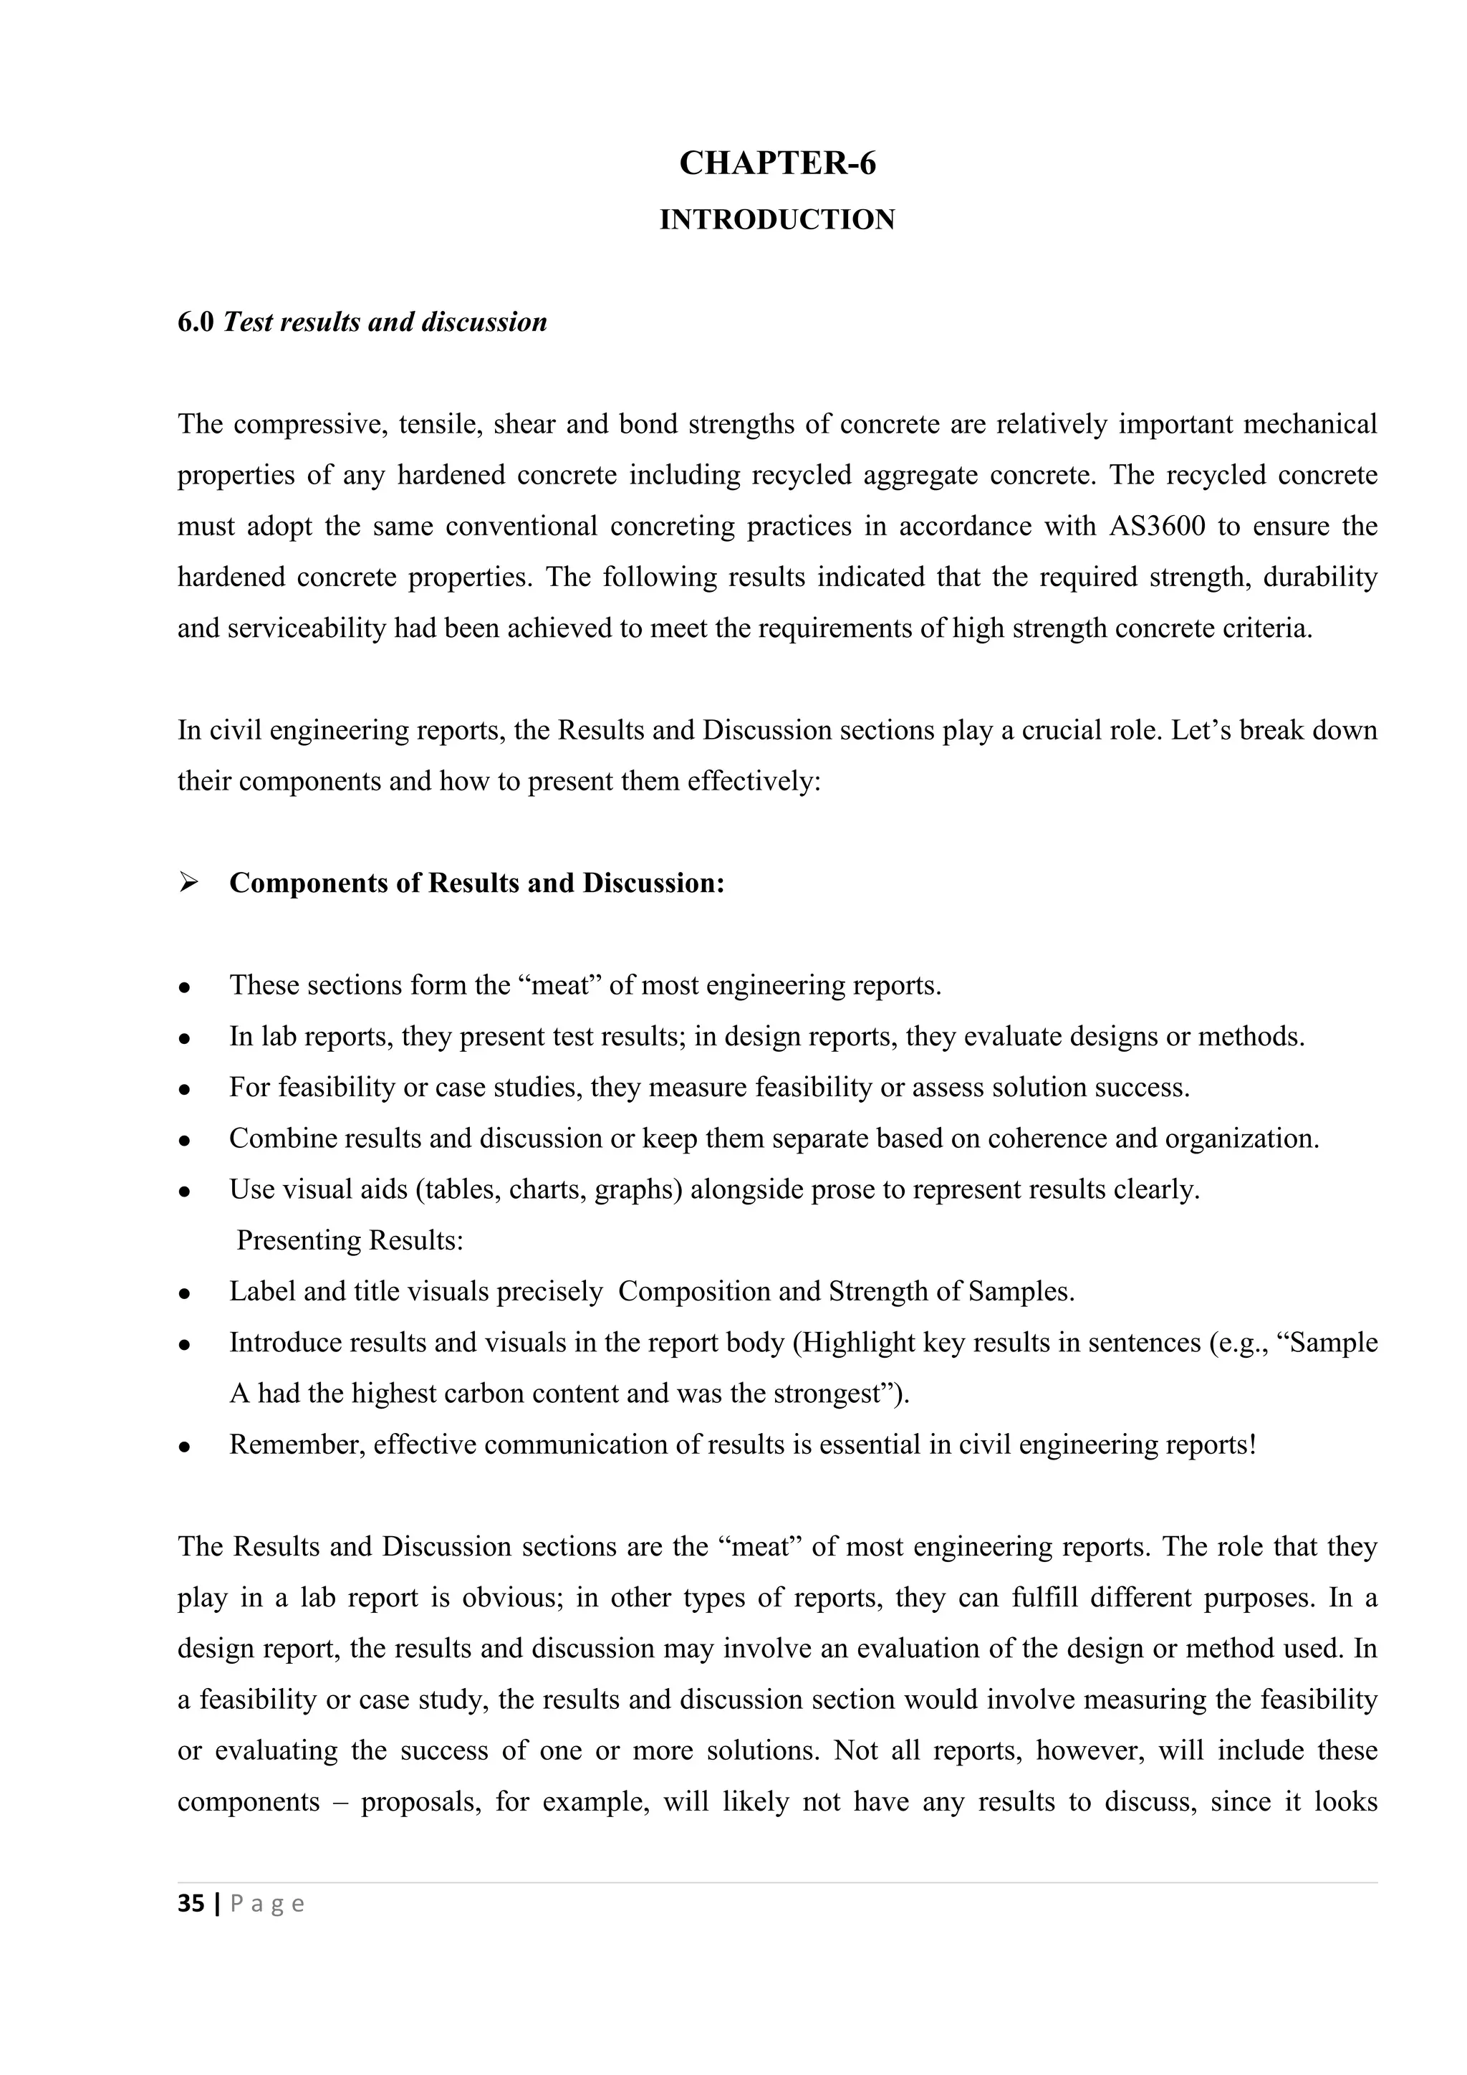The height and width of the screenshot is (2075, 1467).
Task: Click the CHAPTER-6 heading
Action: (777, 163)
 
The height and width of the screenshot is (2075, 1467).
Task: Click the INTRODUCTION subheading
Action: (777, 220)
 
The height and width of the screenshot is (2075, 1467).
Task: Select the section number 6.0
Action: (195, 322)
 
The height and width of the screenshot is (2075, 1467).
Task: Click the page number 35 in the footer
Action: (191, 1904)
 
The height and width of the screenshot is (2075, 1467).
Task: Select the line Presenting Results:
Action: (350, 1240)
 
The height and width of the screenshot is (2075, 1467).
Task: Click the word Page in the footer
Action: (267, 1905)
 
